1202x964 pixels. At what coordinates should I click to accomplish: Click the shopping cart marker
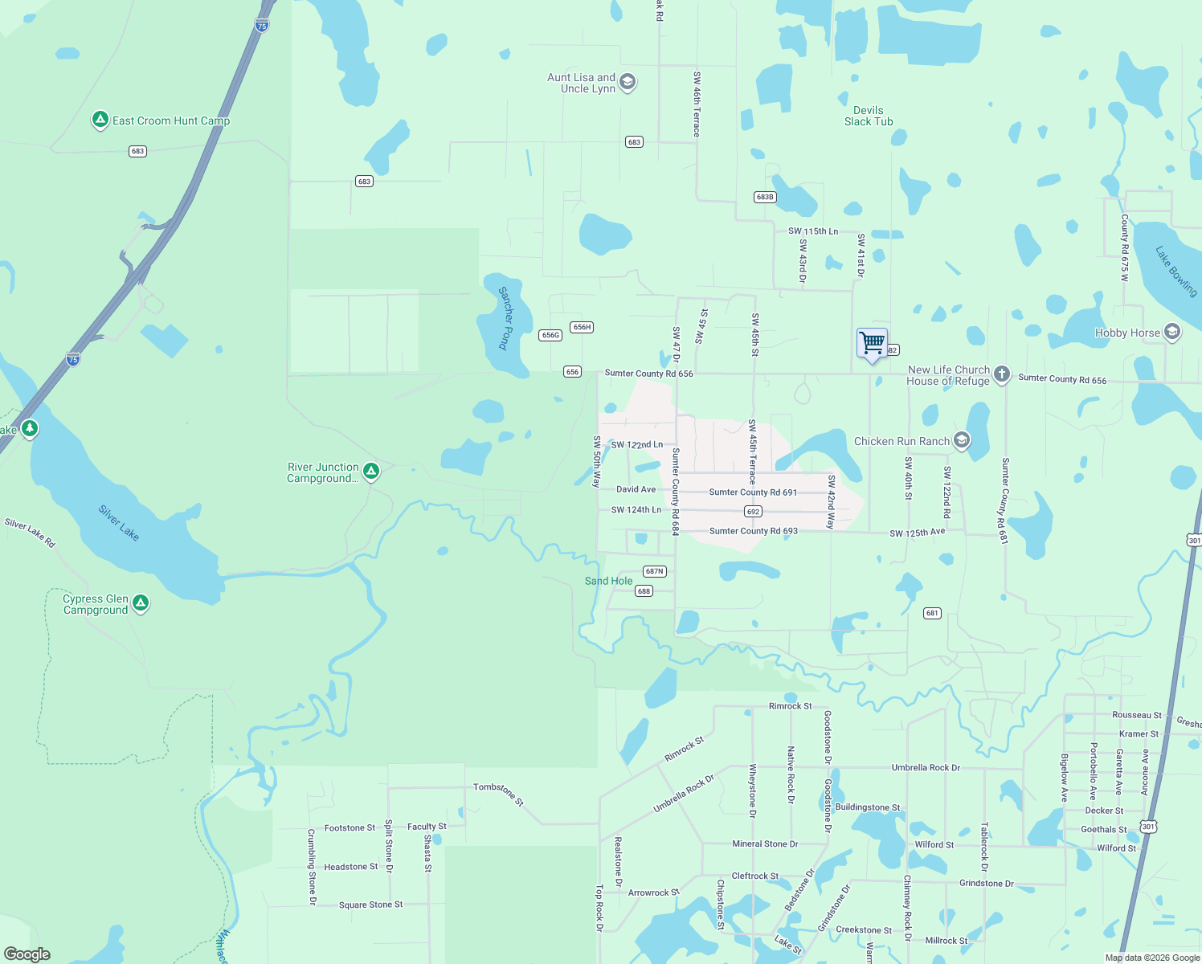pos(872,344)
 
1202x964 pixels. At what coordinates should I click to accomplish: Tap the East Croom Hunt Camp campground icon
pos(100,120)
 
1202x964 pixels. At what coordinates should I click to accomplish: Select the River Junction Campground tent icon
pos(371,472)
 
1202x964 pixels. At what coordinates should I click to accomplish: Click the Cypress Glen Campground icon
pos(141,603)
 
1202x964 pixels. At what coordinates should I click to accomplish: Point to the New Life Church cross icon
pos(1001,374)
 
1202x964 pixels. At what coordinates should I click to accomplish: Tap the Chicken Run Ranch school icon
pos(961,440)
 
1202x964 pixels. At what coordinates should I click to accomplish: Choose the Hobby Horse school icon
pos(1171,332)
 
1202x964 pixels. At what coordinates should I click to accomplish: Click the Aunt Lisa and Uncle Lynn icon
pos(628,82)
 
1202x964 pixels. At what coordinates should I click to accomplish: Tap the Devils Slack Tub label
pos(869,116)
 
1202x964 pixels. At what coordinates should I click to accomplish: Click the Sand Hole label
pos(608,581)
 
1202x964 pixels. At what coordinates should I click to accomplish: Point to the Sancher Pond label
pos(505,318)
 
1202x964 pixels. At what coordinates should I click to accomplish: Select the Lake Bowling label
pos(1176,272)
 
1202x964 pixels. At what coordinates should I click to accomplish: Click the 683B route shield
pos(765,197)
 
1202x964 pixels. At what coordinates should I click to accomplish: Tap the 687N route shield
pos(655,571)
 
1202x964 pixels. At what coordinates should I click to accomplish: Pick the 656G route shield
pos(550,335)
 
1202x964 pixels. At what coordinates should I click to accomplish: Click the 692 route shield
pos(753,512)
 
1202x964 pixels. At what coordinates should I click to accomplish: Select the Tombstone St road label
pos(499,794)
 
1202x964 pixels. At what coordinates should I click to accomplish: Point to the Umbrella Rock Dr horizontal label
pos(926,768)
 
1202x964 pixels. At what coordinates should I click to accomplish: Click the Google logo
pos(27,954)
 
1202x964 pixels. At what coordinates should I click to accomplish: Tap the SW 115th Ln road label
pos(813,231)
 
